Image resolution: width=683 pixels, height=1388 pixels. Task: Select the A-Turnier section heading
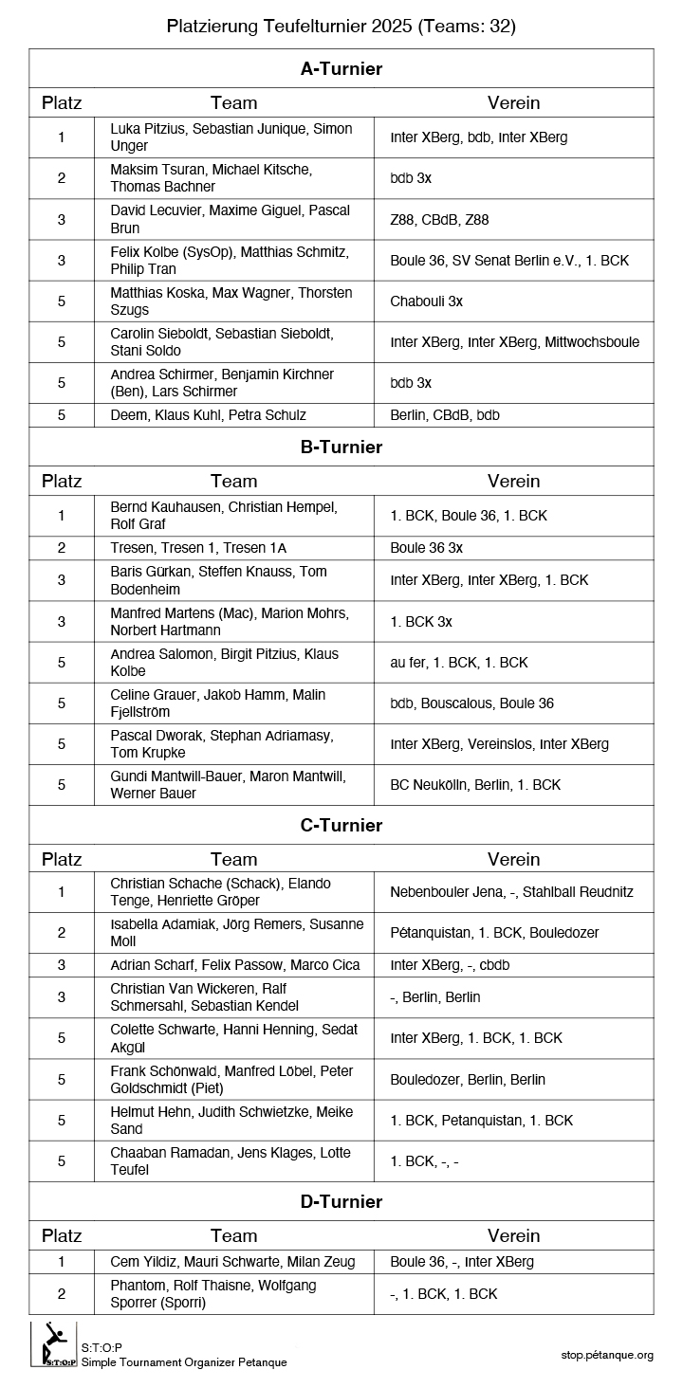tap(341, 68)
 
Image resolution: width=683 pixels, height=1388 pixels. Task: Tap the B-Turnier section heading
tap(341, 447)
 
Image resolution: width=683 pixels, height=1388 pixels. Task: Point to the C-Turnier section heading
tap(341, 825)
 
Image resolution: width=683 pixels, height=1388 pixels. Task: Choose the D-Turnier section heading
tap(341, 1201)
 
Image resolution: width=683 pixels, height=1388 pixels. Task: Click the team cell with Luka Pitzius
tap(233, 137)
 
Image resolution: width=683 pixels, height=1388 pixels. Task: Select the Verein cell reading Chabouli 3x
tap(427, 301)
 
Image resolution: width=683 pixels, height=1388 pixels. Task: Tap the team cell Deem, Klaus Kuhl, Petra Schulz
tap(209, 414)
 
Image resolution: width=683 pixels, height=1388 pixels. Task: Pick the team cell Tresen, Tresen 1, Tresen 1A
tap(198, 548)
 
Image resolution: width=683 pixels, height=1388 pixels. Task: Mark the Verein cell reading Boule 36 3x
tap(427, 548)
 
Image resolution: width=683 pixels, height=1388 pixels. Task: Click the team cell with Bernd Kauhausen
tap(233, 516)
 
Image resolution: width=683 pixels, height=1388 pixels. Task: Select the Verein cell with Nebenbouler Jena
tap(511, 892)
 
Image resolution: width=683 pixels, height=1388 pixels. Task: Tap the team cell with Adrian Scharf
tap(235, 965)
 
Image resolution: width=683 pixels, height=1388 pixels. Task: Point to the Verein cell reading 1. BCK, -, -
tap(424, 1161)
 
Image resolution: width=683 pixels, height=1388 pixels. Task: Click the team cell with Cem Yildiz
tap(233, 1262)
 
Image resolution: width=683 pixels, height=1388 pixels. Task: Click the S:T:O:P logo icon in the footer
tap(53, 1345)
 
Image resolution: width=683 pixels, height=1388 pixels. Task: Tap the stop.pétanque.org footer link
tap(607, 1355)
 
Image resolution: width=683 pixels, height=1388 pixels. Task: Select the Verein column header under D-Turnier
tap(513, 1235)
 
